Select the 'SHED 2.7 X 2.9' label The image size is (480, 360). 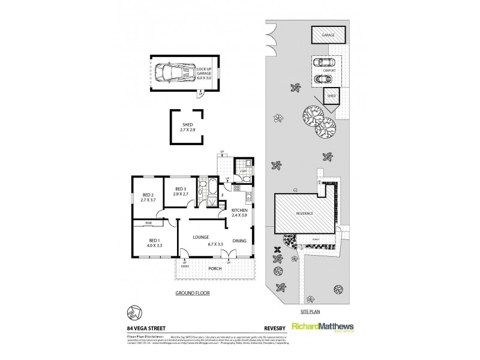pos(186,127)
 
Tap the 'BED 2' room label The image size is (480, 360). pos(148,197)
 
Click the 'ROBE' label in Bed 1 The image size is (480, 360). pos(147,223)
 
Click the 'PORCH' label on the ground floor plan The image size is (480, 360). pos(215,268)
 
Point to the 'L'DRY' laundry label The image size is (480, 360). pos(242,172)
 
